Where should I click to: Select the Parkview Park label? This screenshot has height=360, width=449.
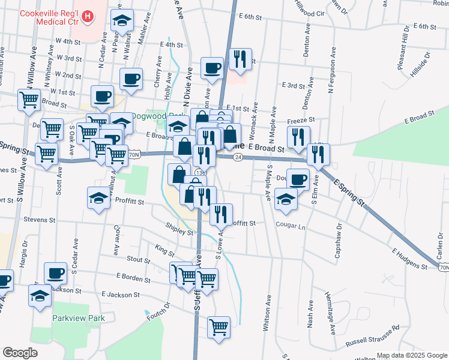pos(79,318)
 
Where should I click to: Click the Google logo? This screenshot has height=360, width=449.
pos(20,353)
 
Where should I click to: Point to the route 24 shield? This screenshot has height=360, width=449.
pos(238,157)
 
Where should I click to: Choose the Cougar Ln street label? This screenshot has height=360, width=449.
pos(291,227)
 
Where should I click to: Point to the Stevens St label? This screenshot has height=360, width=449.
pos(40,220)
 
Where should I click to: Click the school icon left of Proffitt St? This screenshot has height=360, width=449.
pos(99,197)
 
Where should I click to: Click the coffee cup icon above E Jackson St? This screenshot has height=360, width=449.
pos(56,273)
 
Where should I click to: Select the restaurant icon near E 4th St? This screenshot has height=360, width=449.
pos(240,58)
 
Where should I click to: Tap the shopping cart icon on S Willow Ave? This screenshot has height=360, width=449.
pos(29,100)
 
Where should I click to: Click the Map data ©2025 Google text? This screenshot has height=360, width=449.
pos(411,355)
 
